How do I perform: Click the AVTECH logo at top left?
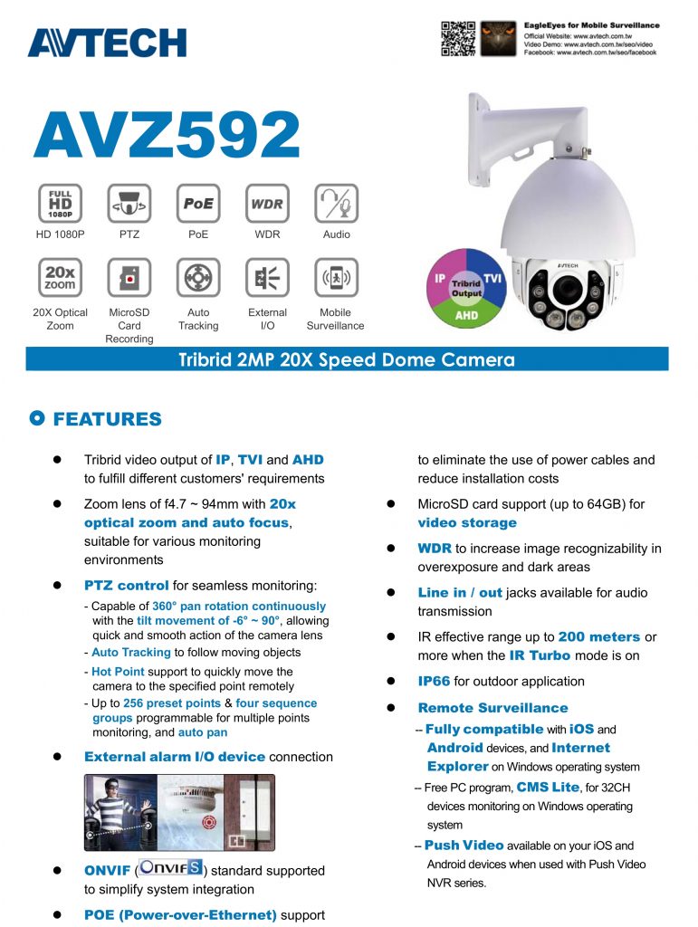coord(107,43)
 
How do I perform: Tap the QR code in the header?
coord(458,38)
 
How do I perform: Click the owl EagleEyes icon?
coord(498,38)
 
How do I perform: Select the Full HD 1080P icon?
coord(61,203)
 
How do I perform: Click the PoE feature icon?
coord(198,203)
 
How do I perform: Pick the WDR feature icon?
coord(267,203)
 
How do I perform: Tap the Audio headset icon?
coord(336,203)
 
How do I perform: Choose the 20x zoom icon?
coord(61,278)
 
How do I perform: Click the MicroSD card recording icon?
coord(129,278)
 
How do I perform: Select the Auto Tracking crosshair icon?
coord(198,278)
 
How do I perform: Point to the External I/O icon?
coord(267,278)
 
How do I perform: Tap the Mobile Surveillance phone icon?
coord(336,278)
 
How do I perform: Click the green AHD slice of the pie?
coord(466,314)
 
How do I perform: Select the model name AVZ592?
coord(167,136)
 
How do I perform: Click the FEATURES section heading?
coord(107,419)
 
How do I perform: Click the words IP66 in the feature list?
coord(434,682)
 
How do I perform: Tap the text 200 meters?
coord(598,637)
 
